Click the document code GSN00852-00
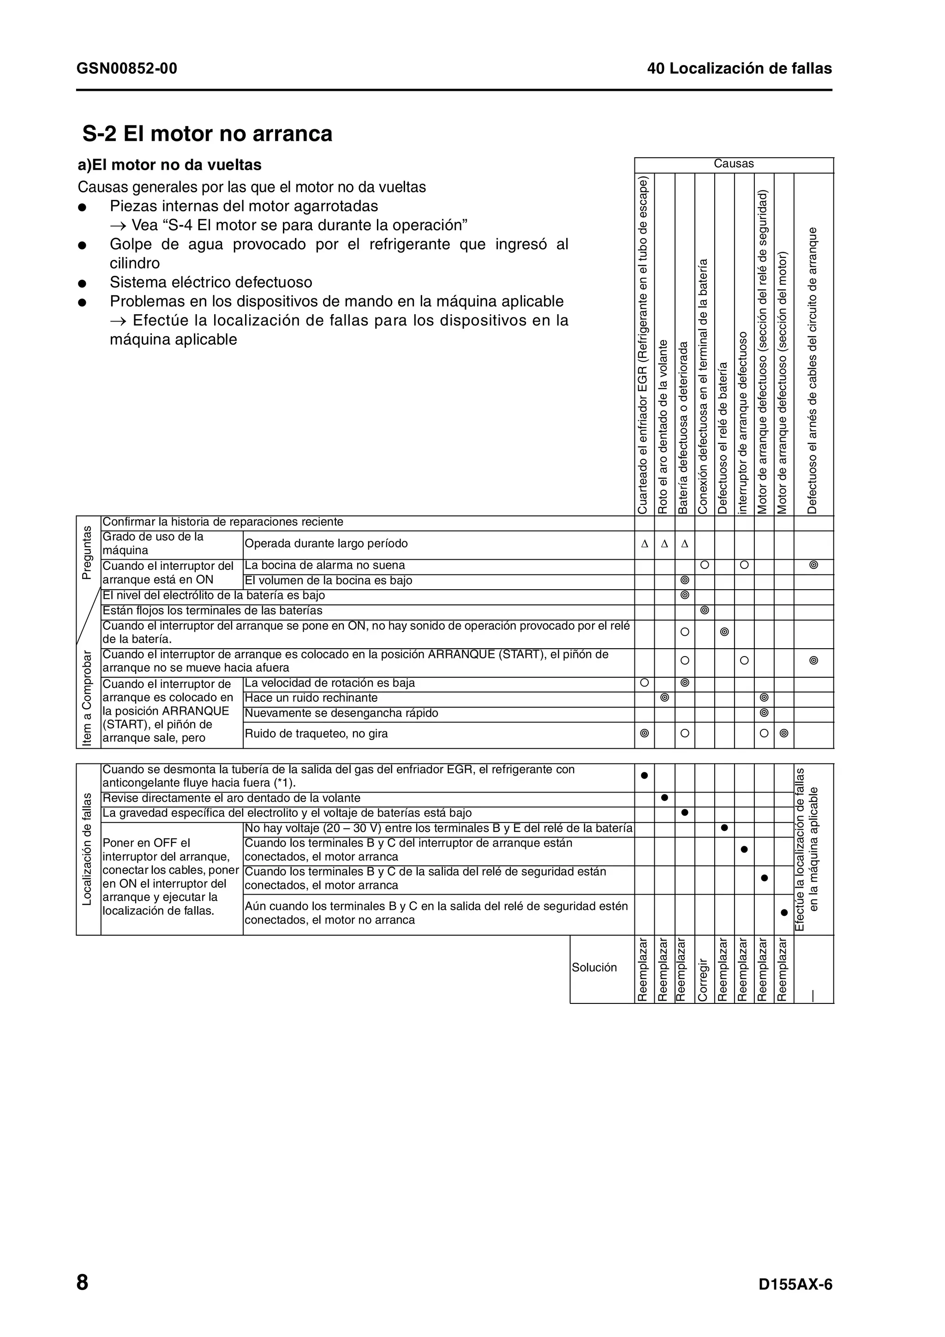[x=126, y=69]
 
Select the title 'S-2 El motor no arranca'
[x=207, y=134]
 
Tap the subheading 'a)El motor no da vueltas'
[x=169, y=165]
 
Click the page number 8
[x=82, y=1282]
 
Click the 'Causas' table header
[x=733, y=164]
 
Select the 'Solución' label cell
[x=594, y=967]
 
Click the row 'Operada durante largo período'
[x=326, y=543]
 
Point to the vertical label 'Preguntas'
[x=87, y=552]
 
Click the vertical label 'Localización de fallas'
[x=87, y=849]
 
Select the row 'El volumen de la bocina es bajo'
[x=329, y=580]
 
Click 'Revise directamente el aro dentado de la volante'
[x=231, y=798]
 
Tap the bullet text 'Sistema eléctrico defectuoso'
[x=211, y=282]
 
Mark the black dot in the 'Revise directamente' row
[x=664, y=797]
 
